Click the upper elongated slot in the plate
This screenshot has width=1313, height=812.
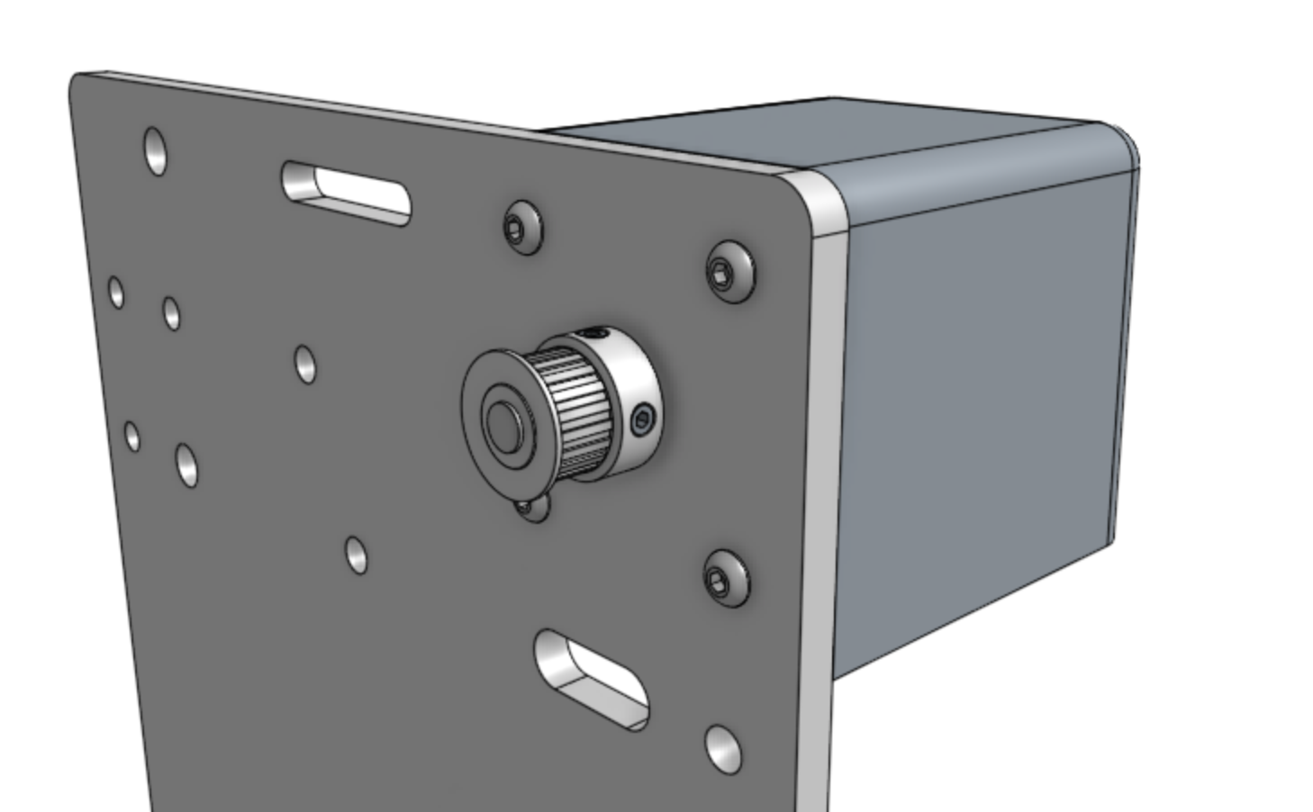tap(347, 193)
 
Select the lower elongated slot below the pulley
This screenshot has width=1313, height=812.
tap(592, 680)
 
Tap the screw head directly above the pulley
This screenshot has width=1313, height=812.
tap(523, 228)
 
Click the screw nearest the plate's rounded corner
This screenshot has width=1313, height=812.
tap(730, 271)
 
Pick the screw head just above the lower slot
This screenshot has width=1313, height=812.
tap(725, 577)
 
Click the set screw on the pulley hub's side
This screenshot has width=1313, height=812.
tap(642, 420)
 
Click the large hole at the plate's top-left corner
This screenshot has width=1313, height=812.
tap(155, 150)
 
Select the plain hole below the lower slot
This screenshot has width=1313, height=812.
tap(723, 748)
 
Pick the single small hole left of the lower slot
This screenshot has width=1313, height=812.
tap(357, 555)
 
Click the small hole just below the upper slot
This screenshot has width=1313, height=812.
tap(305, 364)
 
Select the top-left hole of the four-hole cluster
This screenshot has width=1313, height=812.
tap(116, 292)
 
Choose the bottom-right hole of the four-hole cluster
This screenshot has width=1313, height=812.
tap(187, 465)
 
